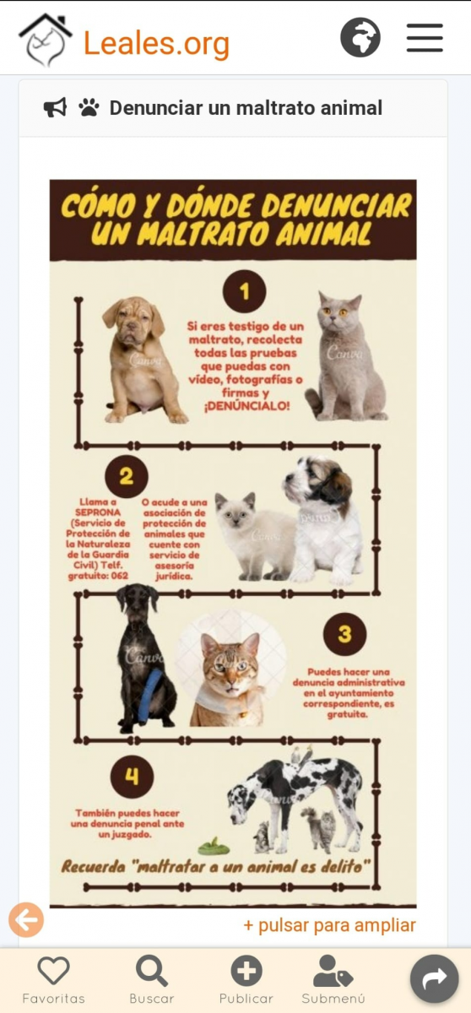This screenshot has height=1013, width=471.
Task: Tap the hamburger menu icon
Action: coord(425,38)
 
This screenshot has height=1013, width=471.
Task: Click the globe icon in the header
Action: coord(360,37)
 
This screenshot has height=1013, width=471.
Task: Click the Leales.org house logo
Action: coord(46,40)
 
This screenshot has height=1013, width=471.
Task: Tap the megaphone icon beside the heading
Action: coord(55,108)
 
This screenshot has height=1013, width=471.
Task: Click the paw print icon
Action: coord(89,108)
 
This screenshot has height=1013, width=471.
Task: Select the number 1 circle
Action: coord(244,291)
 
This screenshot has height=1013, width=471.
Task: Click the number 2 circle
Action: coord(127,476)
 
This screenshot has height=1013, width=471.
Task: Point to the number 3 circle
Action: coord(344,634)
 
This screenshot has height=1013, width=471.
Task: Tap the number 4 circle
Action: coord(132,777)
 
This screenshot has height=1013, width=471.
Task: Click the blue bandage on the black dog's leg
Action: coord(149,695)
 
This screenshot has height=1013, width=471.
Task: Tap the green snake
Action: coord(214,846)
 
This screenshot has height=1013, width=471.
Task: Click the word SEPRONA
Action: coord(98,512)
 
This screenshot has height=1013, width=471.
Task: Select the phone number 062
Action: coord(120,576)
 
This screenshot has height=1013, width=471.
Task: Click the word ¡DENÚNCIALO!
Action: coord(246,406)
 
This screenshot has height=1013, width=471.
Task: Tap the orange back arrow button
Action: coord(26,920)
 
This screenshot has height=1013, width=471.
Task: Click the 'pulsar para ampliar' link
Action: coord(329,925)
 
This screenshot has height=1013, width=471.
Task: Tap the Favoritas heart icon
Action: coord(53,970)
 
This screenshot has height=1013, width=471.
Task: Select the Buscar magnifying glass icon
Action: coord(152,971)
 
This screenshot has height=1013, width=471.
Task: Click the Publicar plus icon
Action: coord(246,971)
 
